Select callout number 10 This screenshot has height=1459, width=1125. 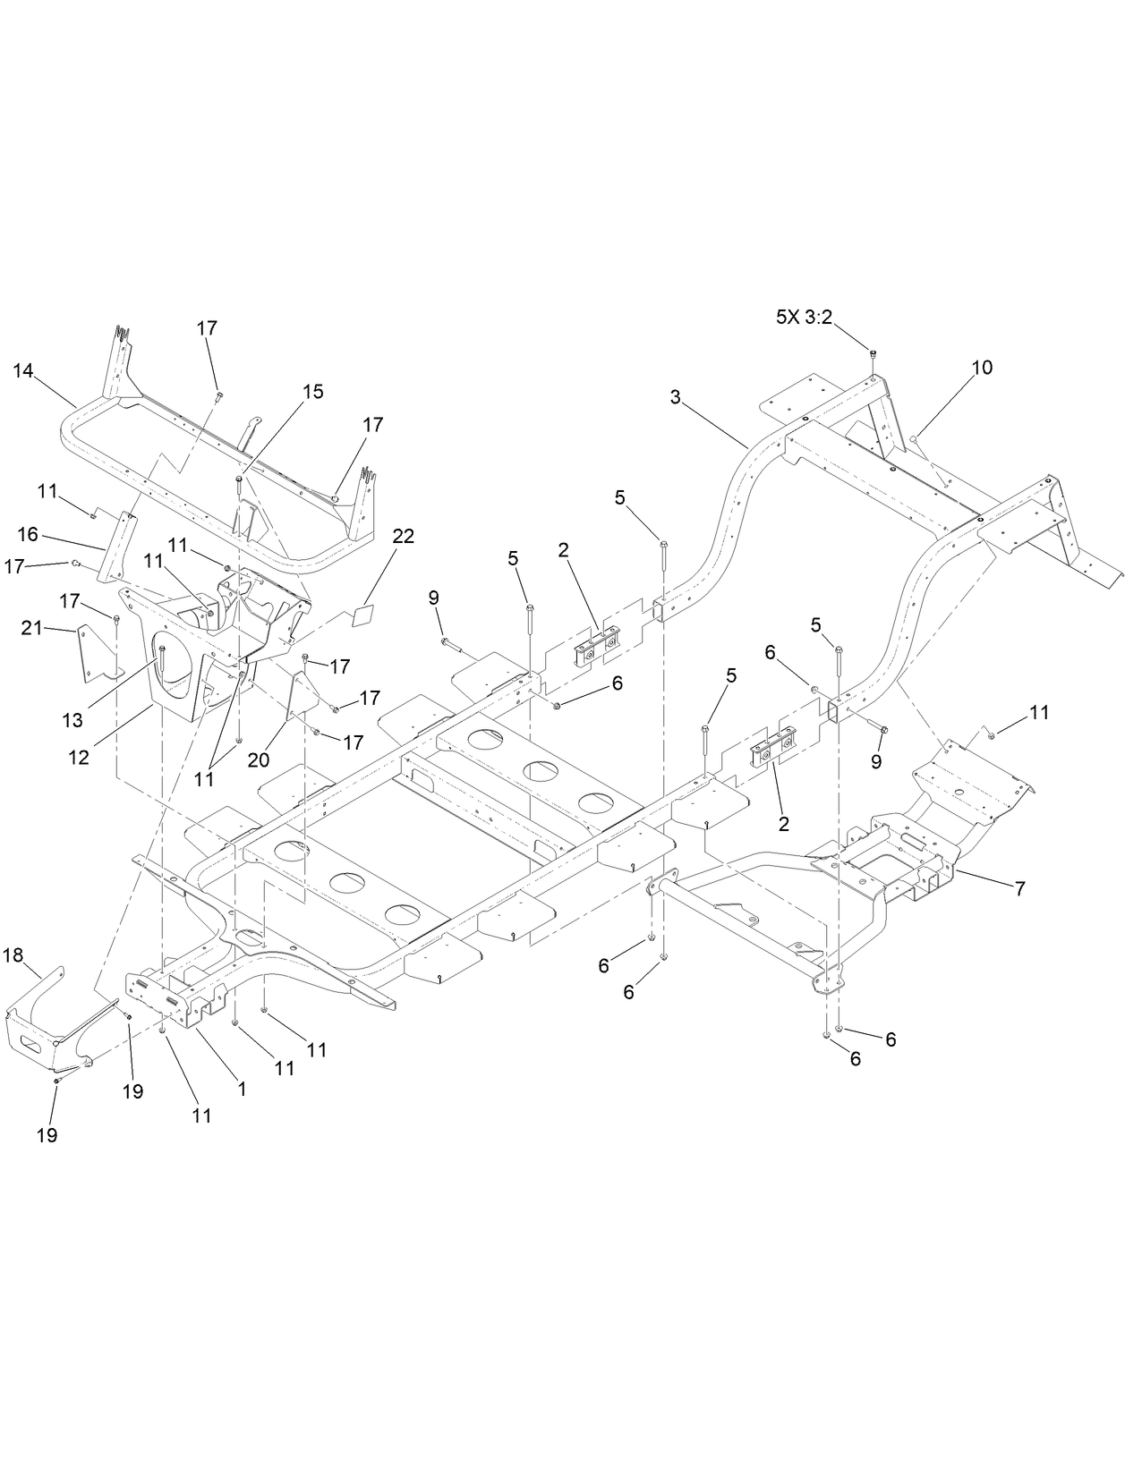coord(982,368)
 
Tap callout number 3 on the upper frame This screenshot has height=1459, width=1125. coord(677,395)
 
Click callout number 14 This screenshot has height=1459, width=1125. coord(23,369)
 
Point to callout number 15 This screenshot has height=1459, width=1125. coord(312,392)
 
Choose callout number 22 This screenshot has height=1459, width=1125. coord(404,536)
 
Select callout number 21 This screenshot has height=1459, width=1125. coord(31,629)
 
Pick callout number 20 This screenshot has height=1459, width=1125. coord(259,759)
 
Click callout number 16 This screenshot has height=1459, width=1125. coord(28,534)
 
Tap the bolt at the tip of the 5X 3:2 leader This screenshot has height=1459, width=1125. coord(873,355)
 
